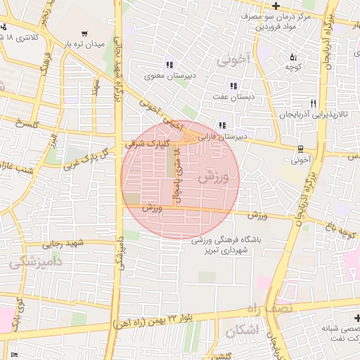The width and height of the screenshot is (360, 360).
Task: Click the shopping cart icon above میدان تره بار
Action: (84, 33)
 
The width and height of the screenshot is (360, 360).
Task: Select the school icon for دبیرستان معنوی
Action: (168, 64)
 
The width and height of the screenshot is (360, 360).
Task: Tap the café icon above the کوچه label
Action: (293, 57)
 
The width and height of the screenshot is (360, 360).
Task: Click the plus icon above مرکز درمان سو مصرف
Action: (276, 6)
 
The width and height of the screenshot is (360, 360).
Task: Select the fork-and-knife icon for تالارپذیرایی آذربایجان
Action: (314, 103)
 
